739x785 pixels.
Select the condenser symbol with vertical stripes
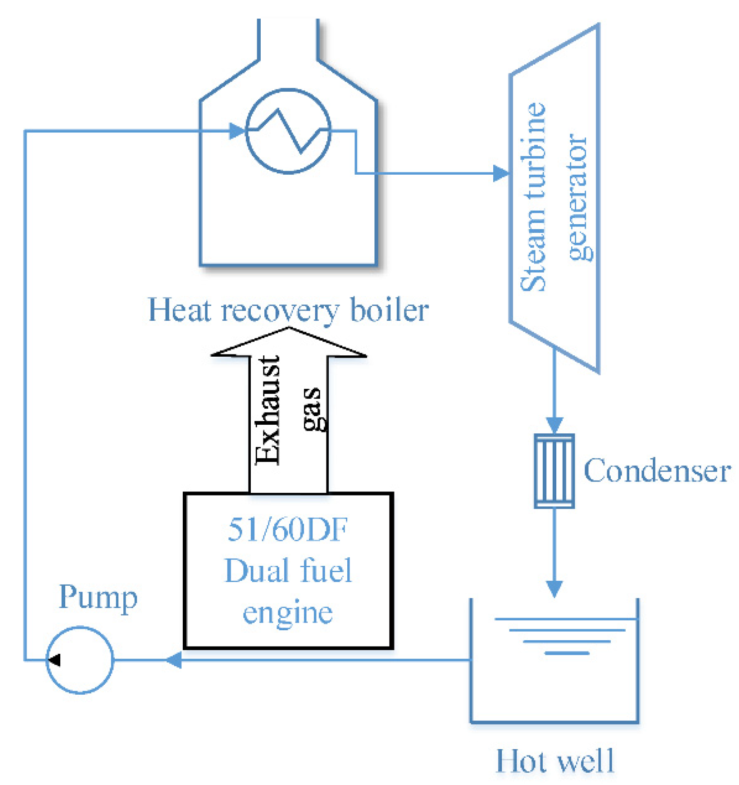click(554, 471)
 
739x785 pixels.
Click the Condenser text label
click(656, 471)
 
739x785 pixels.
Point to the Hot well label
click(554, 761)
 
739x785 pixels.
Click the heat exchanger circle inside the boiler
click(288, 131)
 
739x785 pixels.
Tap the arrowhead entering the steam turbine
click(501, 173)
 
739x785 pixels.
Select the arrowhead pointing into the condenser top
click(554, 425)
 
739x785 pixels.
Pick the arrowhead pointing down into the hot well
click(554, 589)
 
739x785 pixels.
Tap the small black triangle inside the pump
click(55, 660)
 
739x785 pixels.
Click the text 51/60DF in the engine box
click(287, 529)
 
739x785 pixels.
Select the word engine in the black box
click(287, 613)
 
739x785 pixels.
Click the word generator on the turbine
click(578, 197)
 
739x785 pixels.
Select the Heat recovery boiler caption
click(288, 310)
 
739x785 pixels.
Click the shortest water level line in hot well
click(567, 653)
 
